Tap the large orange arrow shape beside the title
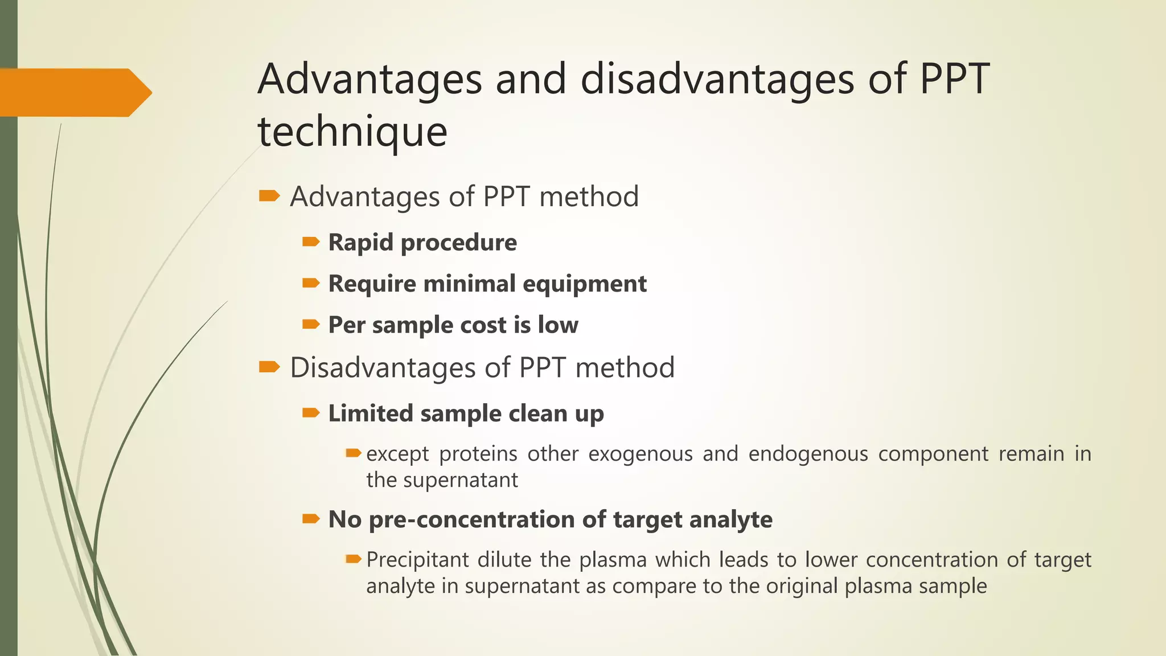click(x=74, y=92)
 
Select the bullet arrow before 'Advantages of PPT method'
click(x=269, y=196)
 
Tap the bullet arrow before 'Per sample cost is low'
click(x=311, y=325)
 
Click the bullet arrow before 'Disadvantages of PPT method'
click(x=269, y=367)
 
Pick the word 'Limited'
click(x=370, y=413)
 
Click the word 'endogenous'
click(x=808, y=454)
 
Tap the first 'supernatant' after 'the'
click(x=461, y=480)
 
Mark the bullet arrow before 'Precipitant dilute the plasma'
click(x=354, y=559)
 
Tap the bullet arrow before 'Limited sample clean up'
click(x=311, y=413)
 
